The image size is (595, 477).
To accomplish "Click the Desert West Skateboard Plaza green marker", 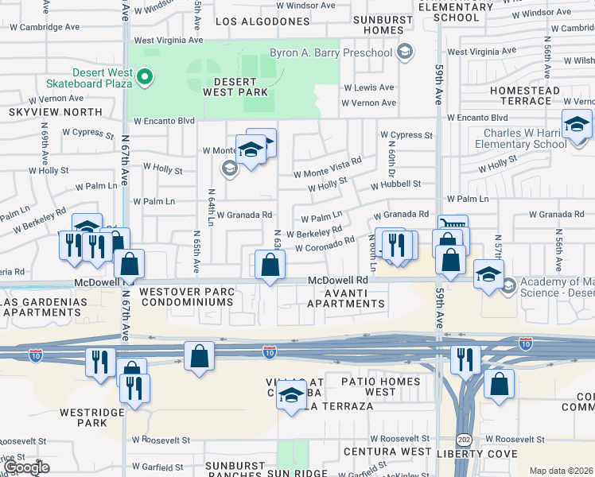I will [x=145, y=77].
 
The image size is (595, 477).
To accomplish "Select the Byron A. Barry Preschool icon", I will [x=406, y=53].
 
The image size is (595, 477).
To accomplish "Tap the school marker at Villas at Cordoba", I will [x=292, y=394].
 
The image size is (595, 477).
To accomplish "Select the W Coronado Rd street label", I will [x=324, y=247].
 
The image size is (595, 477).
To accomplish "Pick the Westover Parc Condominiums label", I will [x=187, y=297].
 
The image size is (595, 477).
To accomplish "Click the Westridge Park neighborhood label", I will [x=83, y=417].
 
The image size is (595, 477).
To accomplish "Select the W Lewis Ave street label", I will [x=367, y=88].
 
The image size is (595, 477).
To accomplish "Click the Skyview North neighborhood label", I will [x=55, y=113].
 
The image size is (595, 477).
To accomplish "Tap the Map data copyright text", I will [x=561, y=471].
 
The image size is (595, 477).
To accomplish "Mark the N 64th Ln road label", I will [x=211, y=207].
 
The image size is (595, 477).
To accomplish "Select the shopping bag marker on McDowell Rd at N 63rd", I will [x=270, y=264].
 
